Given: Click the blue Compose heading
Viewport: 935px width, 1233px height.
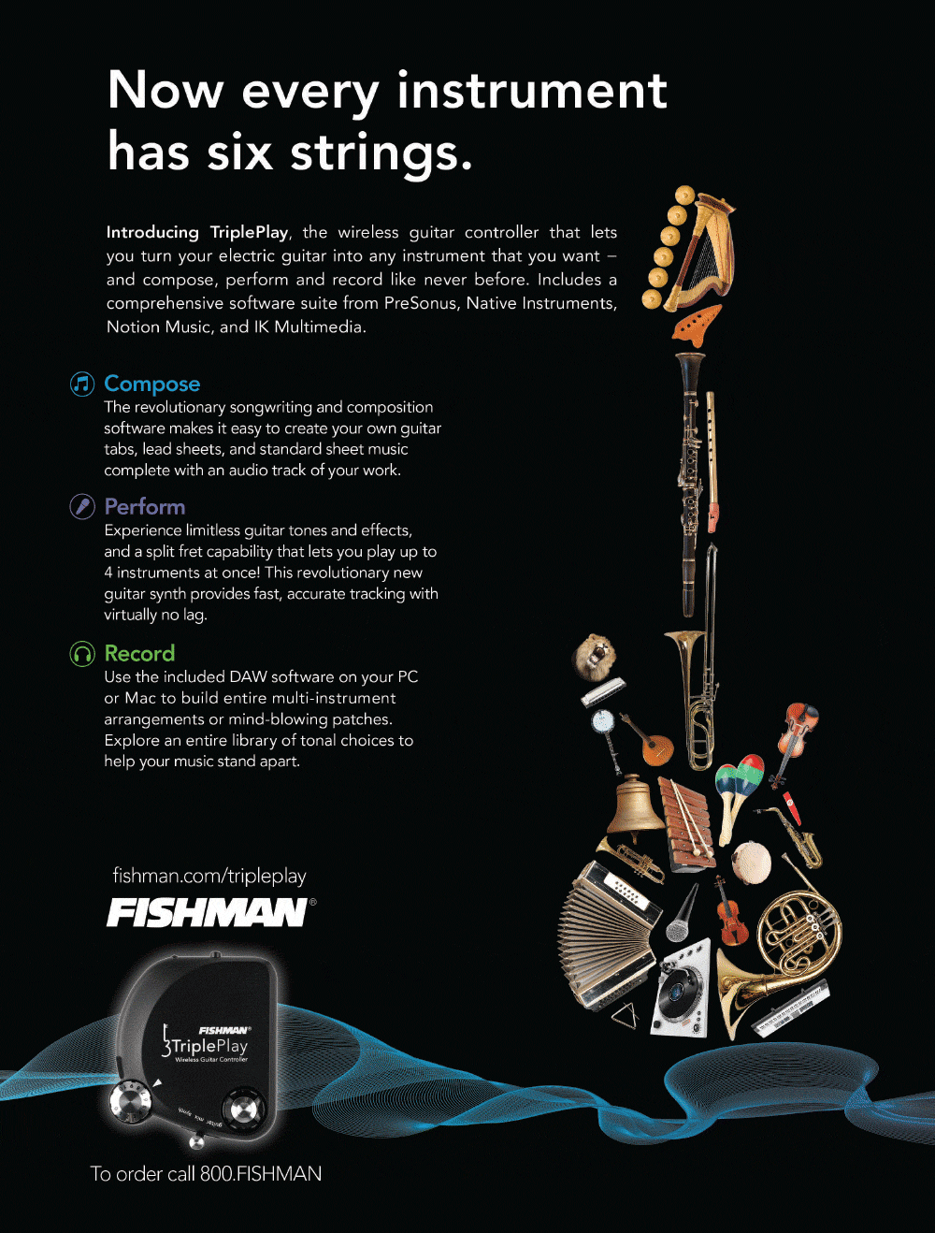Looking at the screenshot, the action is tap(152, 384).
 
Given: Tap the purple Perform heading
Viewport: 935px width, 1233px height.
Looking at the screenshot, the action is tap(145, 507).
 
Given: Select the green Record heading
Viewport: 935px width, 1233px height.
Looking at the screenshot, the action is tap(139, 653).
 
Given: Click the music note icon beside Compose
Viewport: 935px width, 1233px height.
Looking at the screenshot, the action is tap(82, 384).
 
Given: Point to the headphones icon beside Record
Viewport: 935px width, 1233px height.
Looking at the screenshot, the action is tap(82, 655).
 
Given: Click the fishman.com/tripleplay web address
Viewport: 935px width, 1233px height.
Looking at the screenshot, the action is tap(209, 876).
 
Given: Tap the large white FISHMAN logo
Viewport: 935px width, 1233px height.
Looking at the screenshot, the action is tap(207, 913).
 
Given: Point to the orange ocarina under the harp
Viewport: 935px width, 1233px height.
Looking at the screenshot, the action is tap(697, 326).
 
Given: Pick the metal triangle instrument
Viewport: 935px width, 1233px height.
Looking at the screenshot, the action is tap(624, 1015).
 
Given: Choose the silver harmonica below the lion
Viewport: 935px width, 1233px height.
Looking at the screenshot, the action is tap(603, 691).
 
